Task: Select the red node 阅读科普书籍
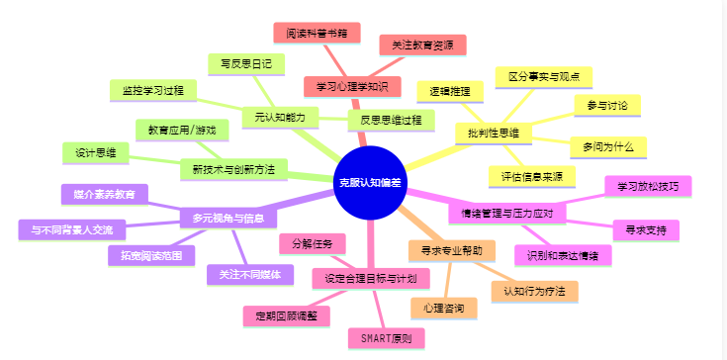click(317, 33)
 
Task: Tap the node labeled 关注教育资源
click(422, 45)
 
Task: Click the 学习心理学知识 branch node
click(352, 86)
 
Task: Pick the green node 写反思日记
click(246, 63)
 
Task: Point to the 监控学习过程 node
click(153, 89)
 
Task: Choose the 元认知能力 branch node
click(280, 117)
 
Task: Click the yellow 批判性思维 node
click(494, 133)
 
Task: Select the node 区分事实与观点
click(543, 76)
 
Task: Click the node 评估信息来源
click(531, 176)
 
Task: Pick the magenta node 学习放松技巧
click(647, 186)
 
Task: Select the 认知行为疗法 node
click(534, 291)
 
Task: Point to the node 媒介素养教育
click(104, 193)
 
